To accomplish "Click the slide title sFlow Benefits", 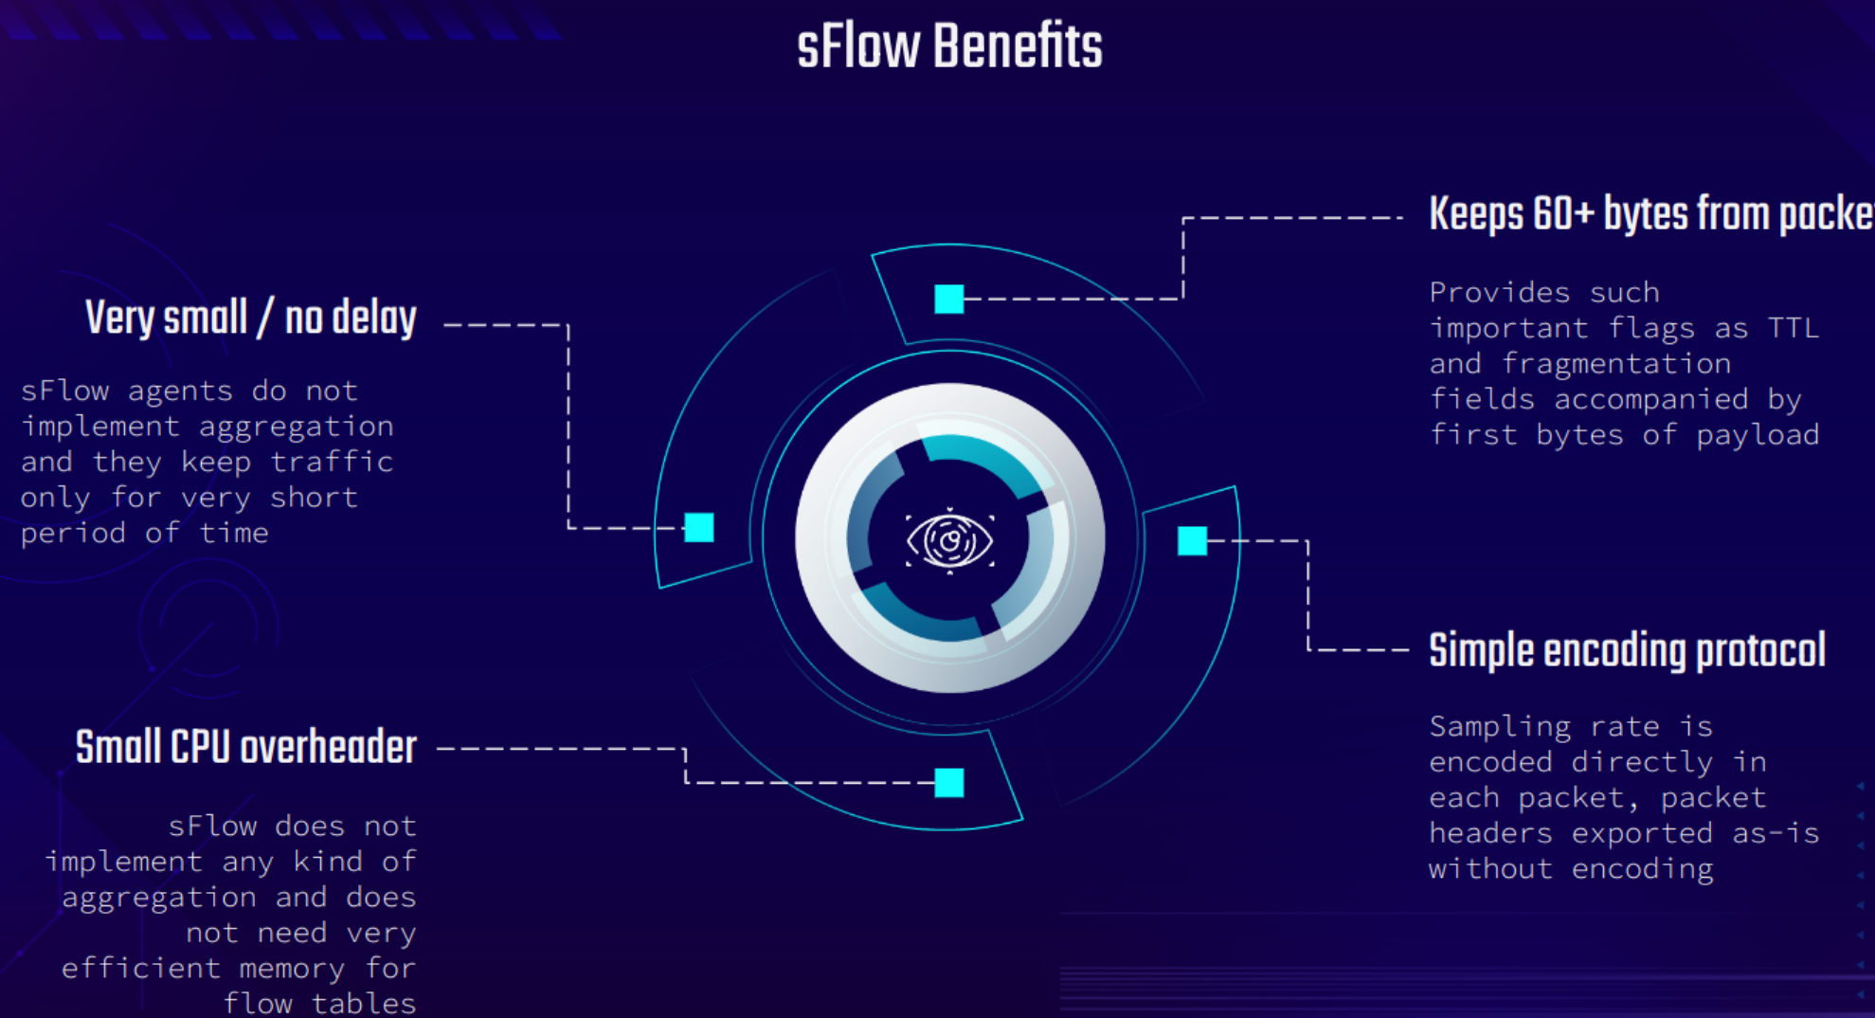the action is tap(949, 46).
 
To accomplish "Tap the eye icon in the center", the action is tap(949, 540).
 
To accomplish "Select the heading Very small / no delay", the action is tap(250, 318).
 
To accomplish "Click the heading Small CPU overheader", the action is tap(245, 748).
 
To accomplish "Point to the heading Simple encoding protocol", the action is tap(1627, 651).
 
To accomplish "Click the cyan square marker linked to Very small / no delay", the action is tap(699, 528).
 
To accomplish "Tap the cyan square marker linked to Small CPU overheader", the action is tap(949, 783).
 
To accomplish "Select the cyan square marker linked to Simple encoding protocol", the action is tap(1192, 541).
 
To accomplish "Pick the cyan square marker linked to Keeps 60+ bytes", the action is tap(949, 300).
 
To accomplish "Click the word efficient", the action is tap(140, 969).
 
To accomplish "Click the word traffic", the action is tap(332, 462).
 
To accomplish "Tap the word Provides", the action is tap(1499, 292).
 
